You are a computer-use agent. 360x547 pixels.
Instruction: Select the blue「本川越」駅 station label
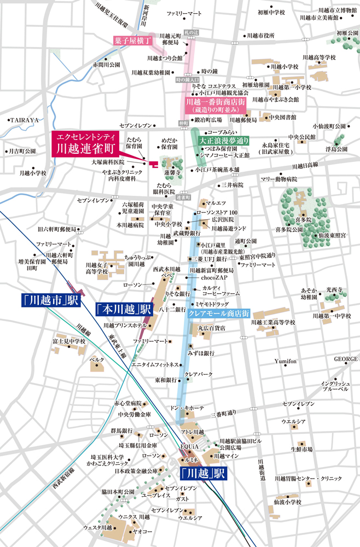pos(124,309)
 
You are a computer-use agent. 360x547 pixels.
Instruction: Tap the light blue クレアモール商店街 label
pos(218,313)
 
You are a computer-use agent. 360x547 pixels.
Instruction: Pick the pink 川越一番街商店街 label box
pos(214,106)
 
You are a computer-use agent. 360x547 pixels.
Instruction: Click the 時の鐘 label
pos(210,72)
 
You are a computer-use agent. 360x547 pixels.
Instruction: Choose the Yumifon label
pos(285,362)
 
